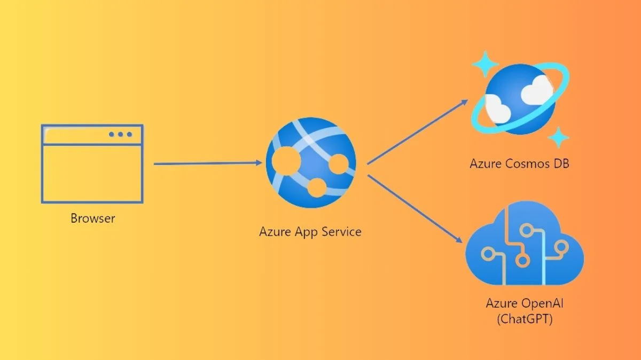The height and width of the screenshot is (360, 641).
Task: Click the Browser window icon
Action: (x=92, y=163)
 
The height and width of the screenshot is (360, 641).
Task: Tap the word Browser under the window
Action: (x=92, y=218)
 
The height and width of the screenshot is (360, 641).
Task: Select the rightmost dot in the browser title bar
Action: (x=129, y=135)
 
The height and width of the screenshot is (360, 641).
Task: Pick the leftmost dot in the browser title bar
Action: (x=112, y=135)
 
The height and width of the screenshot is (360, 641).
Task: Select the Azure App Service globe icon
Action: (x=310, y=163)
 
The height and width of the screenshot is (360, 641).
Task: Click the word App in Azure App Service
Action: (x=307, y=232)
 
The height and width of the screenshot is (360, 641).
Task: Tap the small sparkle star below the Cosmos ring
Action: (x=559, y=137)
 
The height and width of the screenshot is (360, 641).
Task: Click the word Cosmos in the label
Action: (x=523, y=163)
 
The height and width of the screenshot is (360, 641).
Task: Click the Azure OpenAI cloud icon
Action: (x=525, y=249)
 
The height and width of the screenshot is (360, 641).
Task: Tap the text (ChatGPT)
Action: (x=525, y=320)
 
